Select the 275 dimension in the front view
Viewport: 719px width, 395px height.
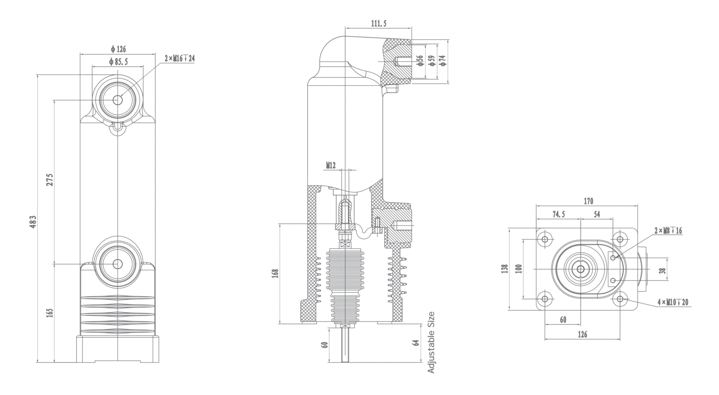click(50, 179)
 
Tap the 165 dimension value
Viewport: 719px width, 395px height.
click(50, 313)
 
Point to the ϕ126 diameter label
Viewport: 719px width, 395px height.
click(118, 49)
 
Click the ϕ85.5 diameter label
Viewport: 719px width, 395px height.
click(118, 62)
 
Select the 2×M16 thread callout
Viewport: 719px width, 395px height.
click(179, 58)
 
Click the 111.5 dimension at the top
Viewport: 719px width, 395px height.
click(378, 24)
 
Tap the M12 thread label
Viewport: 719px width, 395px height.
click(331, 165)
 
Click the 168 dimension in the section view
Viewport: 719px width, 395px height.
click(275, 273)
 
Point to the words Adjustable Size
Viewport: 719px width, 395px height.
click(431, 342)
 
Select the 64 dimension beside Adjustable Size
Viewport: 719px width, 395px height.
click(416, 342)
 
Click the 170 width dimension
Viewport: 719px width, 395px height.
click(588, 201)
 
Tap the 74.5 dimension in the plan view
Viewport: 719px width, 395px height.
click(559, 214)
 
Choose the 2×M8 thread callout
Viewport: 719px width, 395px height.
click(668, 230)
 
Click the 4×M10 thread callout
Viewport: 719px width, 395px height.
click(673, 302)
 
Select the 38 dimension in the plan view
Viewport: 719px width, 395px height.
click(662, 270)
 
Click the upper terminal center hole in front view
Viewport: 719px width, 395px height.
click(118, 100)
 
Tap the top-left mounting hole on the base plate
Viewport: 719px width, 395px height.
click(545, 240)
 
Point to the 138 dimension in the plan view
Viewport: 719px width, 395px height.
click(505, 269)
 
